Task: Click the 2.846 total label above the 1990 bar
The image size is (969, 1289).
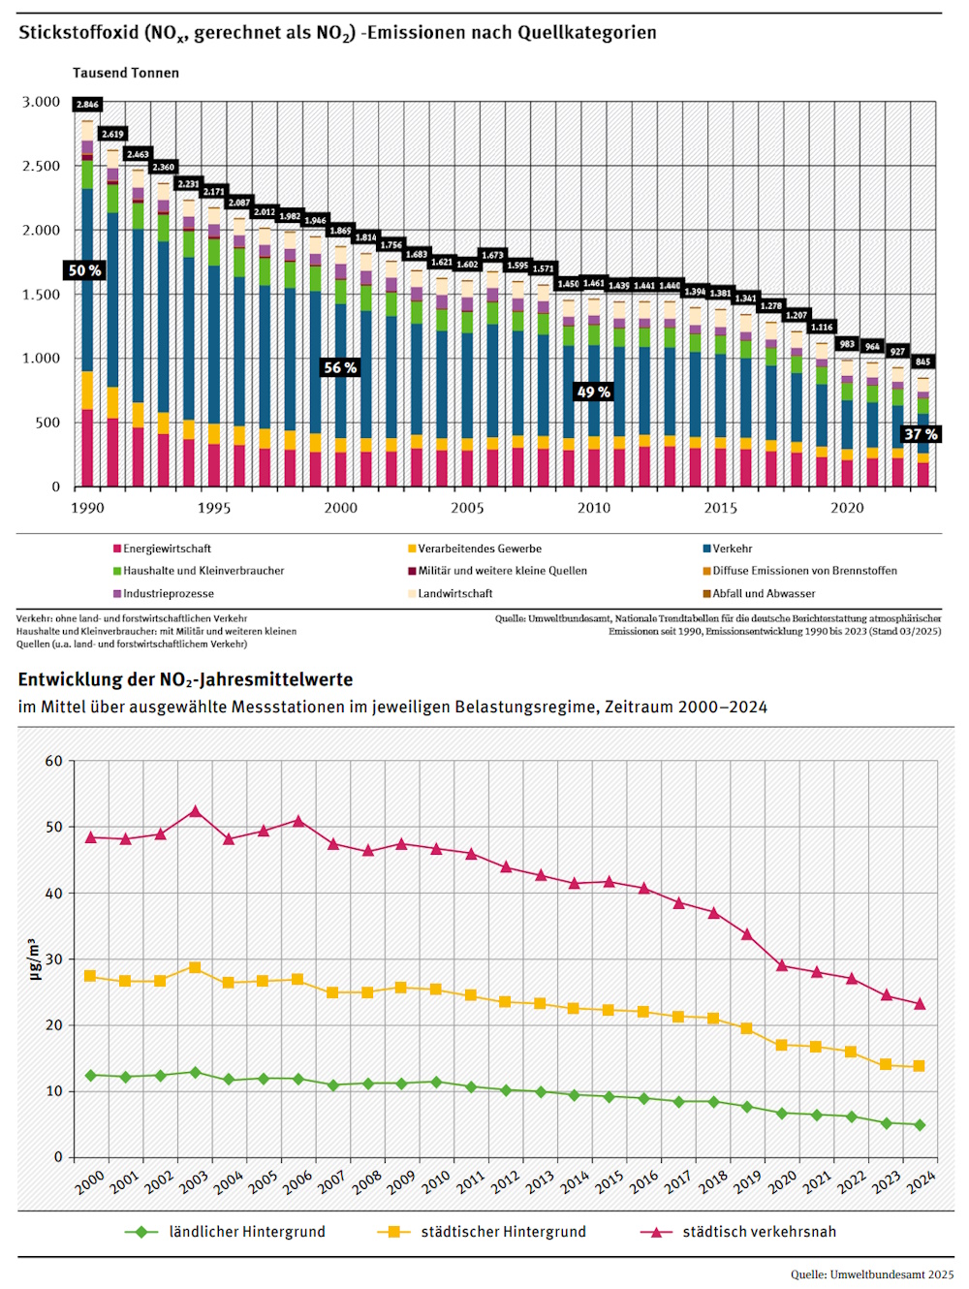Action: point(87,104)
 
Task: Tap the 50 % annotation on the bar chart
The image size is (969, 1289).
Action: point(84,270)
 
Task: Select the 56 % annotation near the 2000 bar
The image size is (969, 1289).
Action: point(340,367)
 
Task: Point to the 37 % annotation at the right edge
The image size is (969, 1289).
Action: point(920,434)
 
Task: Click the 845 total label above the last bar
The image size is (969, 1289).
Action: point(922,362)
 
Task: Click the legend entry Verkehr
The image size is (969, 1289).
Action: point(732,549)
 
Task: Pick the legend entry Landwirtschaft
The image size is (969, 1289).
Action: point(454,593)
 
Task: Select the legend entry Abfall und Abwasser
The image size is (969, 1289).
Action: point(764,593)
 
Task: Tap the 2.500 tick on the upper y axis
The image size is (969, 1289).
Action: point(42,166)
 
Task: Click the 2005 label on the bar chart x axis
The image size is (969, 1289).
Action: point(467,508)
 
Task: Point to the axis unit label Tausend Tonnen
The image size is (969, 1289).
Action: point(126,73)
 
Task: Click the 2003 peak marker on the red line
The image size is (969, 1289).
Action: point(196,811)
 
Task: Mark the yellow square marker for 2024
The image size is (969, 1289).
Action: point(919,1066)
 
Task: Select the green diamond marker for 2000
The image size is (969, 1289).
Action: point(91,1075)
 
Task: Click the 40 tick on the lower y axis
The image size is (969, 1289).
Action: point(54,893)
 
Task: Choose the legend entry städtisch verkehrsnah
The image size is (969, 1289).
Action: point(759,1232)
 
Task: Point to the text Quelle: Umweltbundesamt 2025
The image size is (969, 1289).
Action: point(872,1274)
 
